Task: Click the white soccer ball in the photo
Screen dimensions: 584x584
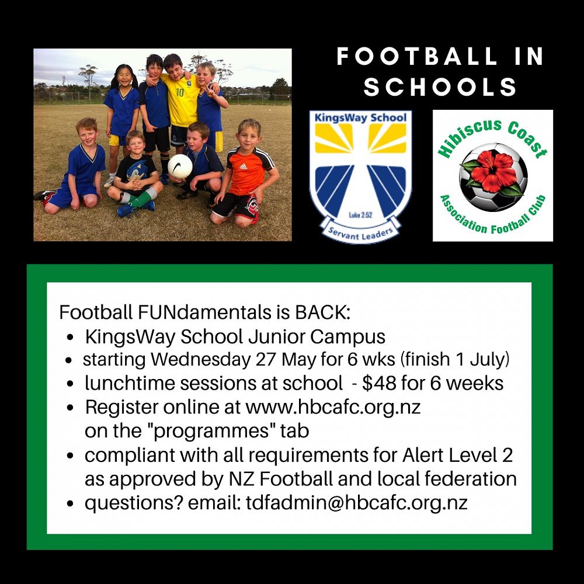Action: pyautogui.click(x=180, y=166)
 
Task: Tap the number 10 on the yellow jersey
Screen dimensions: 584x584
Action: pyautogui.click(x=180, y=92)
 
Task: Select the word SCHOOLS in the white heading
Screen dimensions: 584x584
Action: pyautogui.click(x=440, y=87)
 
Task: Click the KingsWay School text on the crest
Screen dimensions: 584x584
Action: pyautogui.click(x=360, y=118)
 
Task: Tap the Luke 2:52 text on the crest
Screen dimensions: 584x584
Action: pyautogui.click(x=360, y=215)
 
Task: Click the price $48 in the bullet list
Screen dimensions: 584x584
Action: pyautogui.click(x=379, y=383)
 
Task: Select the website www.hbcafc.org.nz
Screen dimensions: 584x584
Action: pyautogui.click(x=333, y=407)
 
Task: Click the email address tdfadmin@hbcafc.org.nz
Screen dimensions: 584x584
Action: pyautogui.click(x=356, y=503)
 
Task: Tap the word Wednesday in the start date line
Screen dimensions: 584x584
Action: pyautogui.click(x=201, y=360)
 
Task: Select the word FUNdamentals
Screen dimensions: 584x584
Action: pyautogui.click(x=204, y=312)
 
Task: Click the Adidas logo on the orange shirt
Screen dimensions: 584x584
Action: pyautogui.click(x=243, y=165)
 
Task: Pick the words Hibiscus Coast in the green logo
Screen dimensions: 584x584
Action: pyautogui.click(x=492, y=137)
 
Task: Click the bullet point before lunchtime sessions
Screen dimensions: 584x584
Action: pyautogui.click(x=69, y=384)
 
